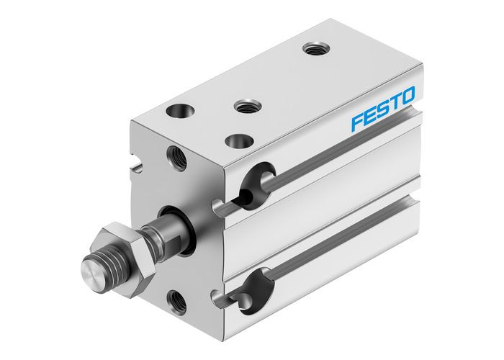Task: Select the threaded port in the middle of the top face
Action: [246, 107]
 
